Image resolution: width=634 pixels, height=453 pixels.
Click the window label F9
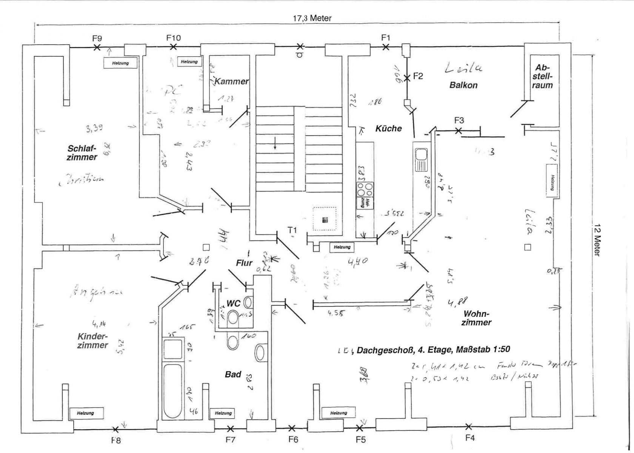click(x=97, y=38)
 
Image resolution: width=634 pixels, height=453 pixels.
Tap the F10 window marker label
click(x=174, y=38)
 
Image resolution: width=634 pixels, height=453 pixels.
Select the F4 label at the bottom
click(x=469, y=438)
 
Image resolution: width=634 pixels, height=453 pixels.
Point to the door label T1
click(x=292, y=230)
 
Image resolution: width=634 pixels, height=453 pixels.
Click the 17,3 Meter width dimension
click(x=312, y=18)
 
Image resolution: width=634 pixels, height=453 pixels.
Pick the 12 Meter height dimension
click(x=597, y=240)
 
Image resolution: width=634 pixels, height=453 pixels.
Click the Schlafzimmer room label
click(x=82, y=153)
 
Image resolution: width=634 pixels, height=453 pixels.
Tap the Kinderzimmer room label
click(x=92, y=341)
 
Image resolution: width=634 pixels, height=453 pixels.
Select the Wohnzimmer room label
click(x=476, y=318)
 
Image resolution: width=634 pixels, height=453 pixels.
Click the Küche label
click(x=388, y=128)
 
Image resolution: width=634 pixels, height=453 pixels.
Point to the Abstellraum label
click(x=542, y=77)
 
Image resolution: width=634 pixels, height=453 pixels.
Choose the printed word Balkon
click(x=463, y=85)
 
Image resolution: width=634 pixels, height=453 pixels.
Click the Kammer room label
click(x=231, y=81)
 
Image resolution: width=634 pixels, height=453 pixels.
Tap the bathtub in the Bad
click(x=173, y=390)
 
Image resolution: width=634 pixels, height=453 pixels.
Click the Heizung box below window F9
click(x=120, y=63)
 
